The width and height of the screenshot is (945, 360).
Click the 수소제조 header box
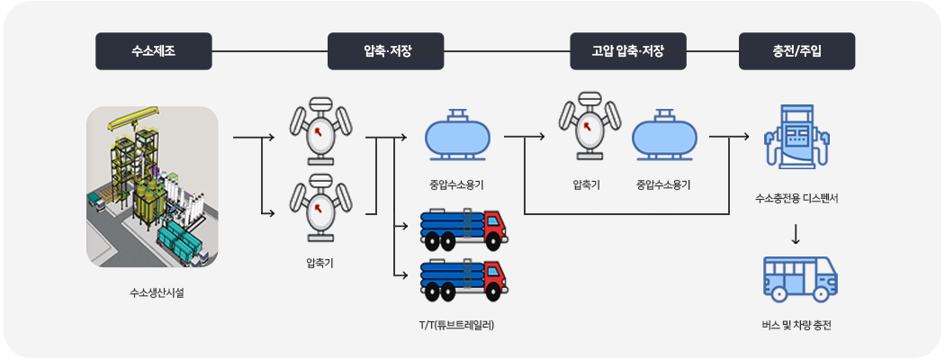[x=153, y=51]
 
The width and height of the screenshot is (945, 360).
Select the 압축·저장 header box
[x=386, y=51]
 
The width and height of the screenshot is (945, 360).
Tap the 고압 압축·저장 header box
[x=628, y=51]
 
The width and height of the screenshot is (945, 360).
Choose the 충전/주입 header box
[x=796, y=51]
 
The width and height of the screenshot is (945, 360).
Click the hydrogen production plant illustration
[x=152, y=186]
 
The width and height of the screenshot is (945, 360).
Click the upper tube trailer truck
[x=463, y=229]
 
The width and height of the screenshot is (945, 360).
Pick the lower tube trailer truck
[x=463, y=278]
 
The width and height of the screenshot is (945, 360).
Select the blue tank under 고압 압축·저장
[x=665, y=135]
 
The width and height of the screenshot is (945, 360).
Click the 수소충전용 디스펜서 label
[x=797, y=199]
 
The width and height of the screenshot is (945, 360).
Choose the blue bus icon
[x=797, y=279]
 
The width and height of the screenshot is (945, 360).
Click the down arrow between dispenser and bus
[x=796, y=236]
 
